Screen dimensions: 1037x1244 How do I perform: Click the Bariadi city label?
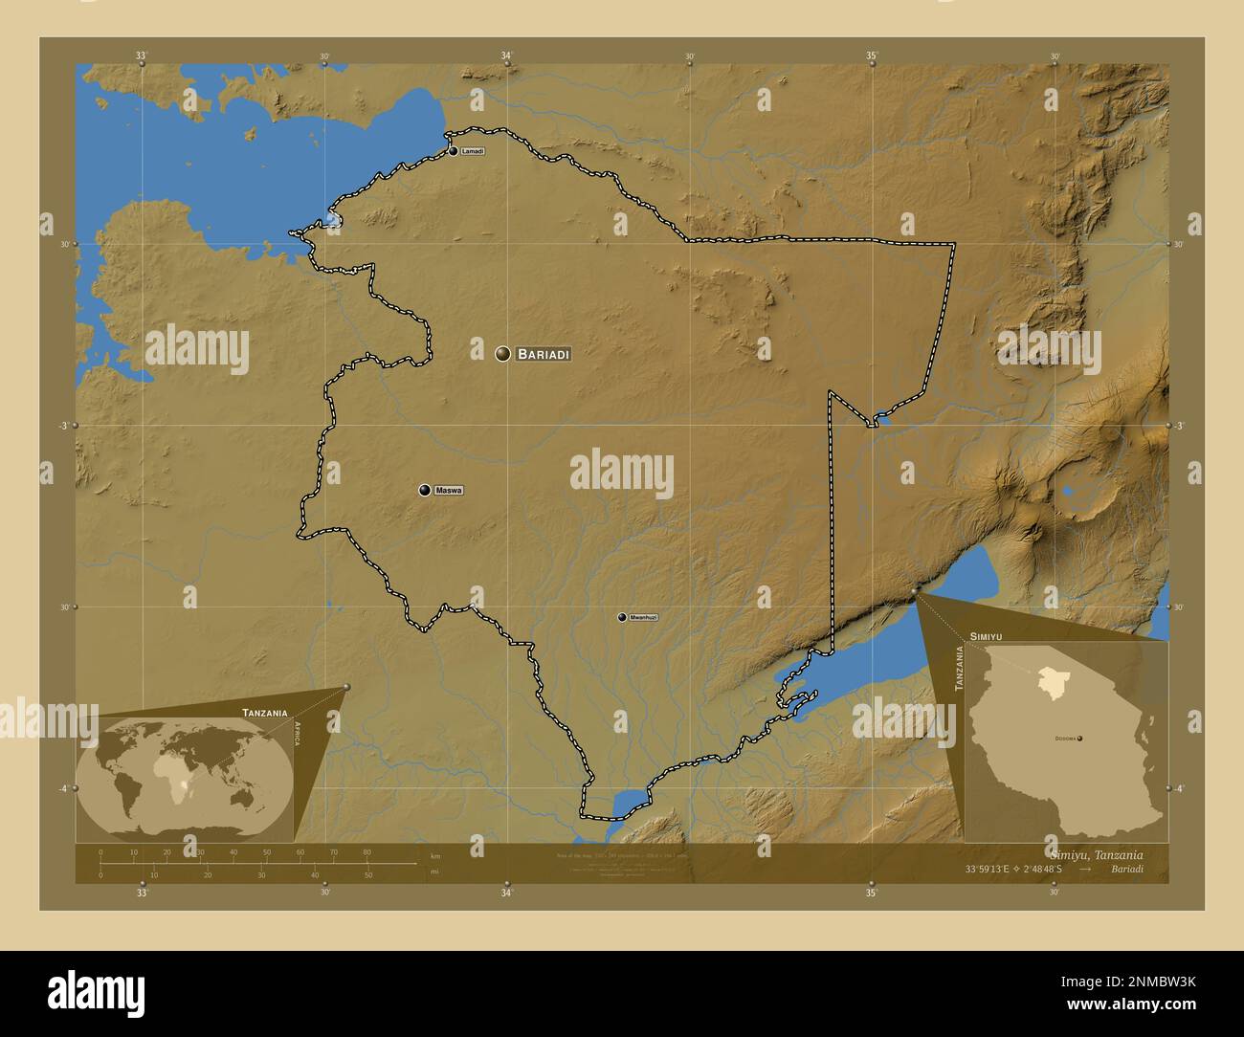click(544, 354)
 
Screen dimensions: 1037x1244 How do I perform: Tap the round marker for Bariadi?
click(502, 354)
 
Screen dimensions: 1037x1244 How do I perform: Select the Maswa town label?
click(449, 491)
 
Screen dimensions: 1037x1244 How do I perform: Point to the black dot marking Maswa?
click(424, 491)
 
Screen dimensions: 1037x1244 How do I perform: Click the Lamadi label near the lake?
click(473, 152)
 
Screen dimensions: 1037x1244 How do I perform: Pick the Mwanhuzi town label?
click(643, 618)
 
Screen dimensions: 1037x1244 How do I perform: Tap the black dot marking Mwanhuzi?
click(622, 617)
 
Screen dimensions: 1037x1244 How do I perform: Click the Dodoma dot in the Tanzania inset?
click(1079, 739)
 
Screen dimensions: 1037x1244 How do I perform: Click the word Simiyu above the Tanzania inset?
click(986, 635)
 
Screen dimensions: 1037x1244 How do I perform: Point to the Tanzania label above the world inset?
click(265, 713)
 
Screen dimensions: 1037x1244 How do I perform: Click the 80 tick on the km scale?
click(367, 852)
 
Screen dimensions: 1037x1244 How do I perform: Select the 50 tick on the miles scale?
click(368, 874)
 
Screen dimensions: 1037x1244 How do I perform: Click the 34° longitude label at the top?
click(506, 55)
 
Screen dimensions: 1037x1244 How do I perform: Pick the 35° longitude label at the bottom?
click(871, 894)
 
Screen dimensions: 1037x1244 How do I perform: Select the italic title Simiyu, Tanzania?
click(1096, 854)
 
